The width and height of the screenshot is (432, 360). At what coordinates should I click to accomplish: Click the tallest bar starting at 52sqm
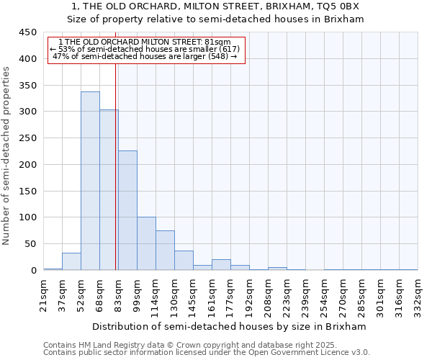[x=90, y=181]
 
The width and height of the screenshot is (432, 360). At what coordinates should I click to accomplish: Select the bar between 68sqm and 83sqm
[x=109, y=190]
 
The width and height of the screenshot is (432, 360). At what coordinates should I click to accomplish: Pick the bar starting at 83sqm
[x=127, y=210]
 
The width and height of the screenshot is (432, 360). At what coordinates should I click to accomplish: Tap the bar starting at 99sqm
[x=146, y=243]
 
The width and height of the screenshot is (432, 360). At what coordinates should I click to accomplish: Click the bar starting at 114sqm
[x=165, y=251]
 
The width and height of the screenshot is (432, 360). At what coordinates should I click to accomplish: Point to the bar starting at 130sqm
[x=184, y=261]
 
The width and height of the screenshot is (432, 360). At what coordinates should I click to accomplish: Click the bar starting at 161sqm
[x=221, y=265]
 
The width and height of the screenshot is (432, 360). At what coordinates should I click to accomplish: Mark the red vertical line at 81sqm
[x=116, y=166]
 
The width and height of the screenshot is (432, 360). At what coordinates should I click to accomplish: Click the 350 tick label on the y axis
[x=27, y=85]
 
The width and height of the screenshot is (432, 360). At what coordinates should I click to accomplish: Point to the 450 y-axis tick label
[x=27, y=32]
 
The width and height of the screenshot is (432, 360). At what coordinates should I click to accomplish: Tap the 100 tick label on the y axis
[x=27, y=217]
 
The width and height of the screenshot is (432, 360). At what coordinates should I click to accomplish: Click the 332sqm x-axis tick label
[x=418, y=294]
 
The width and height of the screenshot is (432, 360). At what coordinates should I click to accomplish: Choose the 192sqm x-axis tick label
[x=249, y=294]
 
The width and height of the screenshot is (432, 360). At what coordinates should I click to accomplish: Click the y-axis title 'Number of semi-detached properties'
[x=7, y=155]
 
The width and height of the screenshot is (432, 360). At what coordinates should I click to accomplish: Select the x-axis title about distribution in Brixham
[x=230, y=326]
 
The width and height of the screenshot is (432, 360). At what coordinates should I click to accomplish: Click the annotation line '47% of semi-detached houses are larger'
[x=145, y=55]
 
